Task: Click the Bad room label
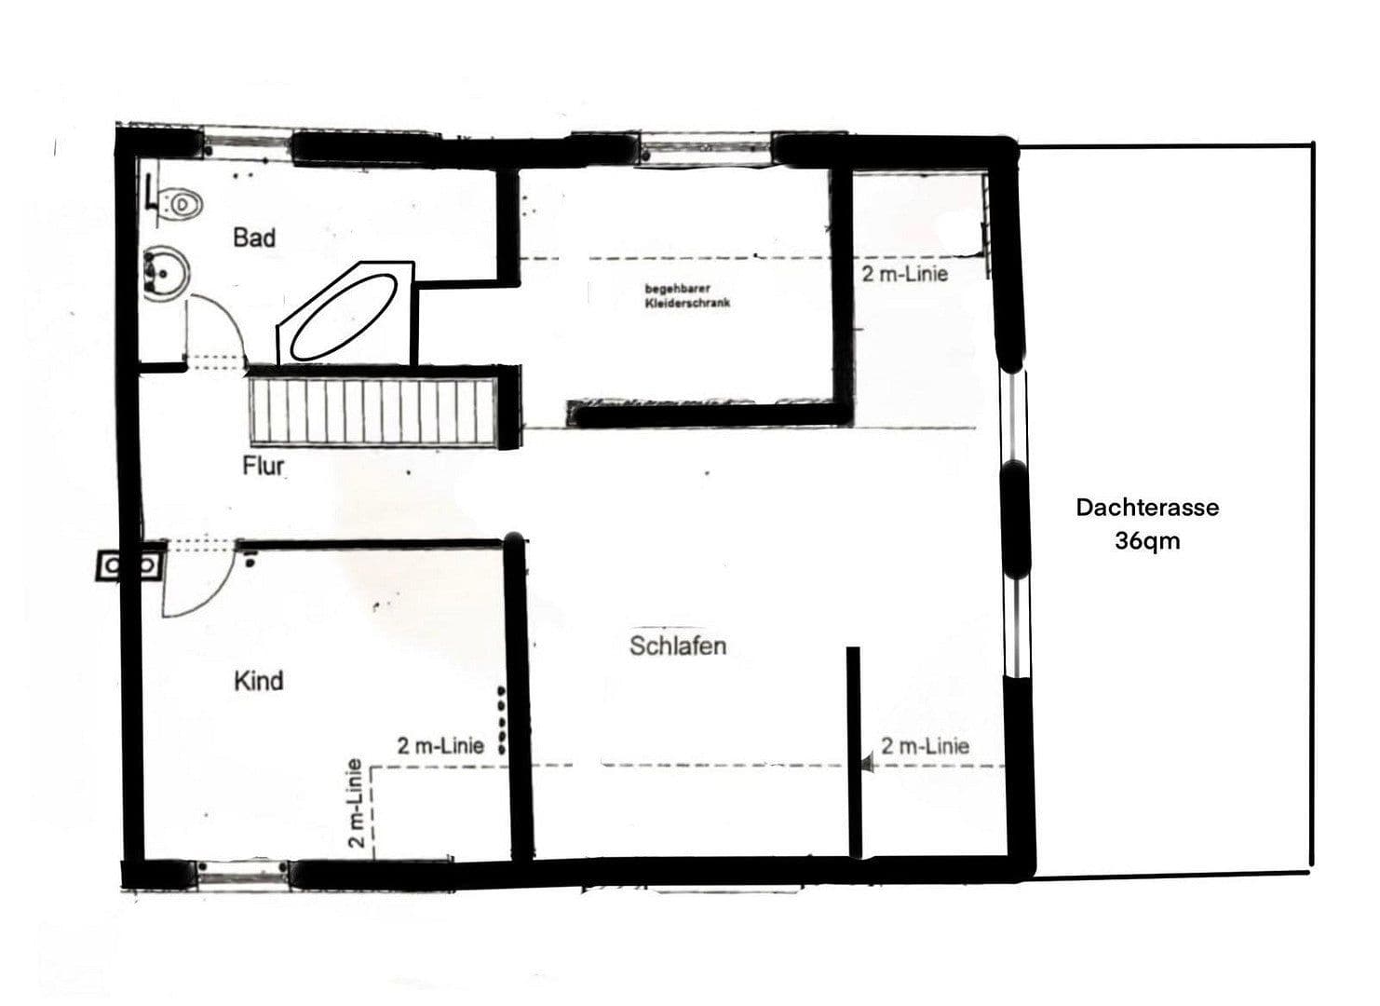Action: pos(254,238)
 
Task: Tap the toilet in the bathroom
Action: pos(181,203)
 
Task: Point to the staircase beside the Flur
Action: pos(372,411)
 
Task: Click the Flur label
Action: pos(263,466)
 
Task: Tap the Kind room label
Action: pos(258,681)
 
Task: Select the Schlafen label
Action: pos(677,646)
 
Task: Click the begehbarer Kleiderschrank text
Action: pos(687,296)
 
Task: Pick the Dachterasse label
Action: pos(1146,508)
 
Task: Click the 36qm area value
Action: pos(1146,541)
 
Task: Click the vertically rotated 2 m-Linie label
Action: pos(355,804)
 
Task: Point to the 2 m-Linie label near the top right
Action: pos(904,274)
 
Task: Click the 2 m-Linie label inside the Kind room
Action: pos(440,746)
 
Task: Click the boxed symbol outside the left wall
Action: pos(129,565)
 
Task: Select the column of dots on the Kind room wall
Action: pos(501,719)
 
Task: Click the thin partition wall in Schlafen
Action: pos(853,751)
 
